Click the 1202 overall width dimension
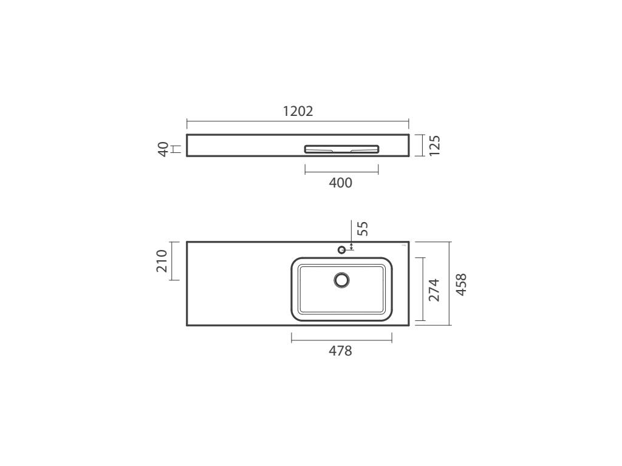coord(298,111)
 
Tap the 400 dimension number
coord(340,183)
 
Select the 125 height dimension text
coord(435,146)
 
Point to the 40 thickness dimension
coord(163,149)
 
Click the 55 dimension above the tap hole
coord(363,229)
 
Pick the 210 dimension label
coord(162,261)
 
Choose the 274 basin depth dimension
coord(434,290)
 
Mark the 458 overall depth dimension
coord(461,284)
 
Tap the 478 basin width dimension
coord(340,351)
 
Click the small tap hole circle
coord(341,249)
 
